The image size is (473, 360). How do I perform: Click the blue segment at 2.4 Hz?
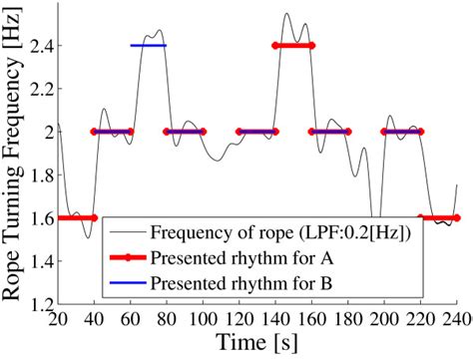tap(149, 46)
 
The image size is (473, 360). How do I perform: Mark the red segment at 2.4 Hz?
tap(293, 46)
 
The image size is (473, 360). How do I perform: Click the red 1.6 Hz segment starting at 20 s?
tap(77, 217)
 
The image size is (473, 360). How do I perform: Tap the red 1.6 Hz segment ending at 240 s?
tap(439, 217)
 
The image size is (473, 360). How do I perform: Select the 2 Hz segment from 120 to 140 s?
tap(257, 132)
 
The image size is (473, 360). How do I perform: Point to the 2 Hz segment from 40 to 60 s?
tap(113, 132)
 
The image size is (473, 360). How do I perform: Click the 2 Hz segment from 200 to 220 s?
tap(402, 132)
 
